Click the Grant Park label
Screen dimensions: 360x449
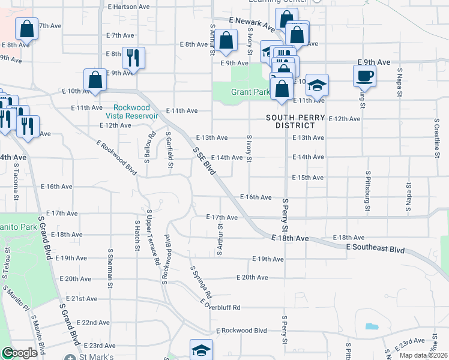pos(250,92)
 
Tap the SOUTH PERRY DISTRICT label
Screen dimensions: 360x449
pos(296,121)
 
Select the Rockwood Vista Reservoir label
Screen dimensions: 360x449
pos(131,111)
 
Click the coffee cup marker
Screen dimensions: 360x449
pos(364,76)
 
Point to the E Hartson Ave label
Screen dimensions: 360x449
pos(128,7)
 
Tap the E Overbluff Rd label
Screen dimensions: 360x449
pos(220,307)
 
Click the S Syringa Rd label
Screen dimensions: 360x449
pos(201,284)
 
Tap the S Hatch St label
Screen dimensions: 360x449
pos(137,235)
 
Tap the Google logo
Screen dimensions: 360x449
pos(20,353)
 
